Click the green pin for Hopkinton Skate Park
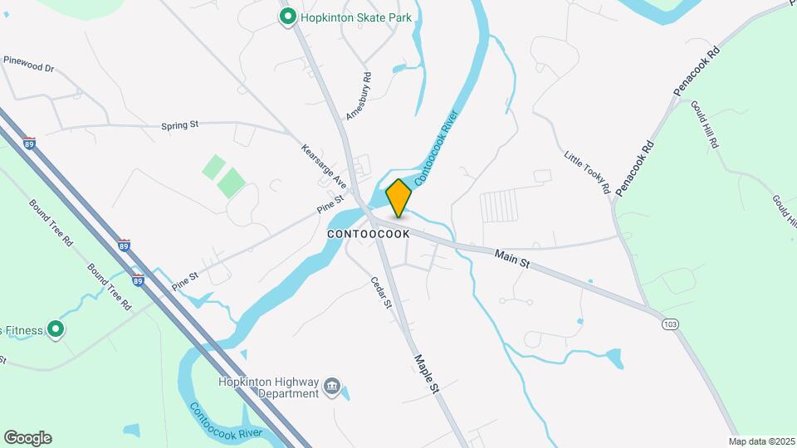[x=288, y=17]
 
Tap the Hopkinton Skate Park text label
[x=356, y=17]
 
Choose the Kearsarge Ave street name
[x=323, y=164]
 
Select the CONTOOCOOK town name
[x=369, y=235]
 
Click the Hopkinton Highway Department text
[x=268, y=387]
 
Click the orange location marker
[x=399, y=197]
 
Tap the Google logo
[x=27, y=438]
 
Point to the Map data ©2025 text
[x=761, y=441]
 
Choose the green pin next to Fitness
[x=56, y=330]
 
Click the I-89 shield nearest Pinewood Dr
[x=29, y=142]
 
